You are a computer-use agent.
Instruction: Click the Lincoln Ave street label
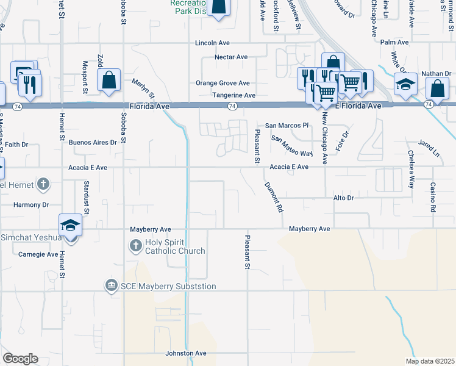(212, 43)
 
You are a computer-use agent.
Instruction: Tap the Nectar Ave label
(231, 57)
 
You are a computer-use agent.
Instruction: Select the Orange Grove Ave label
(223, 83)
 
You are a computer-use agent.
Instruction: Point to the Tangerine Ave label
(233, 95)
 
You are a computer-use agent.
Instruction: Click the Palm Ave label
(394, 42)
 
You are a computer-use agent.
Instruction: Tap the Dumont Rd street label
(274, 197)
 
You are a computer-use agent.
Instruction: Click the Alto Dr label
(343, 198)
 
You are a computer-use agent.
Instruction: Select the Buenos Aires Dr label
(93, 142)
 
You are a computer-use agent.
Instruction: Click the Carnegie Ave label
(38, 254)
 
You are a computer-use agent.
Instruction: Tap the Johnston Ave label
(187, 353)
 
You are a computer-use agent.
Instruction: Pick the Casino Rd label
(432, 197)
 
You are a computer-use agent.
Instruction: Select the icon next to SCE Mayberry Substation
(111, 285)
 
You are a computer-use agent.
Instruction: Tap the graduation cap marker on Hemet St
(71, 225)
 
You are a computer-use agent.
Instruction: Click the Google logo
(20, 359)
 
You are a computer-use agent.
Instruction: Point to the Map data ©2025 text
(429, 361)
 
